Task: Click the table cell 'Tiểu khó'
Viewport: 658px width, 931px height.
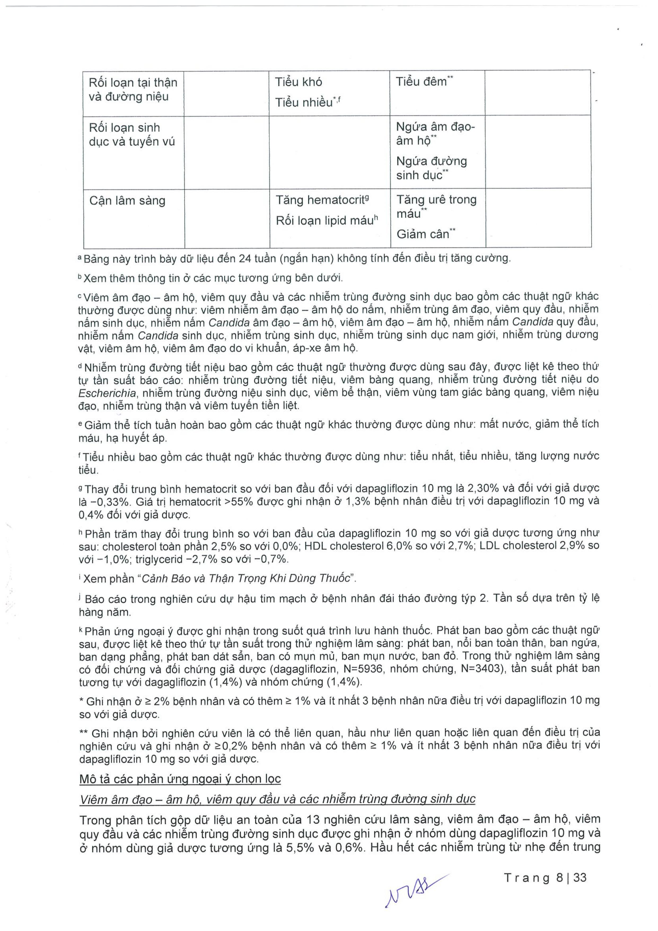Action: tap(299, 82)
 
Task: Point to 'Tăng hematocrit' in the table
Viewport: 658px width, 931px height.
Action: tap(320, 200)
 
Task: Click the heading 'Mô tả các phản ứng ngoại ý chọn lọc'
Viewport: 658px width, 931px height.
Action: tap(180, 779)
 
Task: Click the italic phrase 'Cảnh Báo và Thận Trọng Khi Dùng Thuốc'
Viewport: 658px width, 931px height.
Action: tap(245, 578)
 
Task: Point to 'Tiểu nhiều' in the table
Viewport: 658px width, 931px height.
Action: tap(304, 103)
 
